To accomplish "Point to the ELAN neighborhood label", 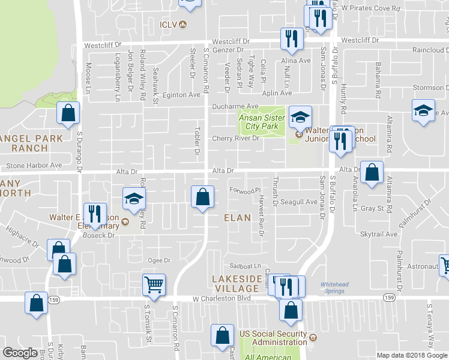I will tap(237, 217).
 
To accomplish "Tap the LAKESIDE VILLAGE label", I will tap(237, 283).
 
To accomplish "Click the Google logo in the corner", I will tap(20, 352).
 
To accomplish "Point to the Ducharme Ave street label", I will tap(235, 106).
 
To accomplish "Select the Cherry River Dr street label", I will tap(235, 139).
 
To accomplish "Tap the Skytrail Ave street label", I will tap(379, 234).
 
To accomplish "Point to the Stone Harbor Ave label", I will tap(34, 165).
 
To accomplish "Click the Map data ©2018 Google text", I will tap(412, 355).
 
